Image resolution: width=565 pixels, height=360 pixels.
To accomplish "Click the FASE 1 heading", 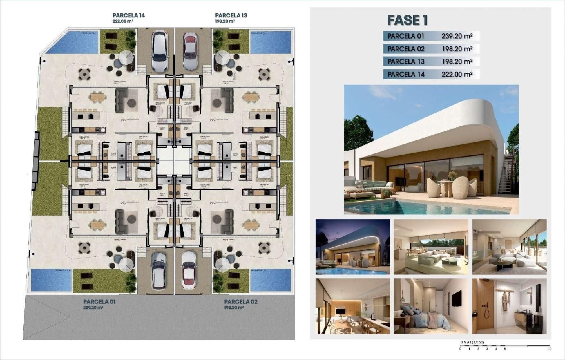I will pos(408,20).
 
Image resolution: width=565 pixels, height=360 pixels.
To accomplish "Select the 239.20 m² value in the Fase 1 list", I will pos(457,36).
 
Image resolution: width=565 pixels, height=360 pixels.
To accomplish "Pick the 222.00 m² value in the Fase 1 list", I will pos(457,74).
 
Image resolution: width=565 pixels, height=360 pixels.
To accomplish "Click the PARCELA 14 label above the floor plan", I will pos(128,15).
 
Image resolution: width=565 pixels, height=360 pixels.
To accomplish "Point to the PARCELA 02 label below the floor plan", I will pos(241,302).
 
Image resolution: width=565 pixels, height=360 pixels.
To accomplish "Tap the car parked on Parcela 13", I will pos(190,51).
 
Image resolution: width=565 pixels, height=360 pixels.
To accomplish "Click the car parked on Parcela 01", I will pos(159,270).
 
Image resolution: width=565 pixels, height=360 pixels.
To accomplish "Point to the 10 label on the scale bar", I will pos(550,349).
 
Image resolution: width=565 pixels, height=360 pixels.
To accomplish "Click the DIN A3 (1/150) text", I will pos(472,342).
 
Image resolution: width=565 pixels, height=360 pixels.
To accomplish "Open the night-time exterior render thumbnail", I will pos(353,247).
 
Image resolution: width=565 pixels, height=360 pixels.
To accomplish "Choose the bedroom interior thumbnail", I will pos(431,306).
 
